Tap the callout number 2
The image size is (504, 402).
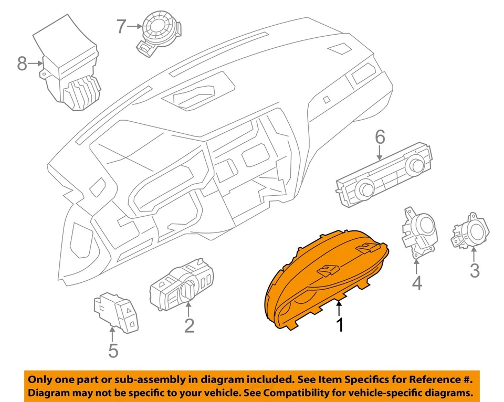tap(189, 325)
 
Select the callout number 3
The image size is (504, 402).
tap(474, 271)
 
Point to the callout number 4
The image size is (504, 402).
tap(416, 283)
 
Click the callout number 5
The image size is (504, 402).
tap(113, 350)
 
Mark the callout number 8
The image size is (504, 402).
tap(22, 64)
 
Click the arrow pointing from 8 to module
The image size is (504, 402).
tap(36, 64)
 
